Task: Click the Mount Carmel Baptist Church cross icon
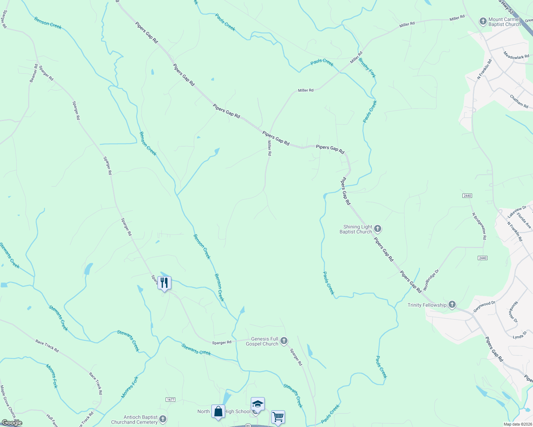click(483, 22)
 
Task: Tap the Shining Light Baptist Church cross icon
click(378, 229)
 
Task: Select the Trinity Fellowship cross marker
click(452, 305)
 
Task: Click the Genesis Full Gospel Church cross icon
click(284, 341)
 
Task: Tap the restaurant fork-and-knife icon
click(164, 283)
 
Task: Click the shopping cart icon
click(278, 416)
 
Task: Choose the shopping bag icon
click(218, 411)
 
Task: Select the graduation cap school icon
click(258, 404)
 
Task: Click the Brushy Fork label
click(367, 68)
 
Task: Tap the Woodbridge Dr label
click(431, 280)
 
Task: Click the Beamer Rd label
click(34, 73)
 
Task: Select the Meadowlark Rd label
click(516, 55)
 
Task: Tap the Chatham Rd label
click(519, 101)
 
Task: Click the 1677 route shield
click(171, 400)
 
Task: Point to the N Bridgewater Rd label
click(479, 226)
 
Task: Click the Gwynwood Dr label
click(484, 307)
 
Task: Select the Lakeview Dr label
click(517, 212)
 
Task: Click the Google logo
click(12, 423)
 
